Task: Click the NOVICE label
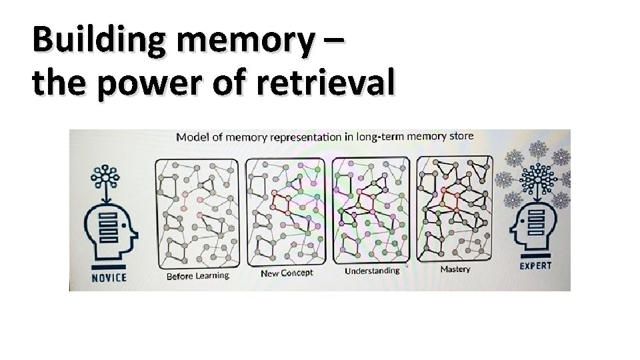click(x=109, y=277)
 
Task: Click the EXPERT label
click(x=536, y=266)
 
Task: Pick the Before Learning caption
click(x=197, y=275)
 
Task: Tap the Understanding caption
click(x=372, y=271)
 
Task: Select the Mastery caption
click(x=455, y=269)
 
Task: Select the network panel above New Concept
click(x=285, y=211)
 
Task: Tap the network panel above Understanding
click(x=371, y=211)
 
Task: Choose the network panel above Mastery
click(x=455, y=209)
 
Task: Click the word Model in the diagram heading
click(x=191, y=137)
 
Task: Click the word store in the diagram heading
click(x=461, y=136)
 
